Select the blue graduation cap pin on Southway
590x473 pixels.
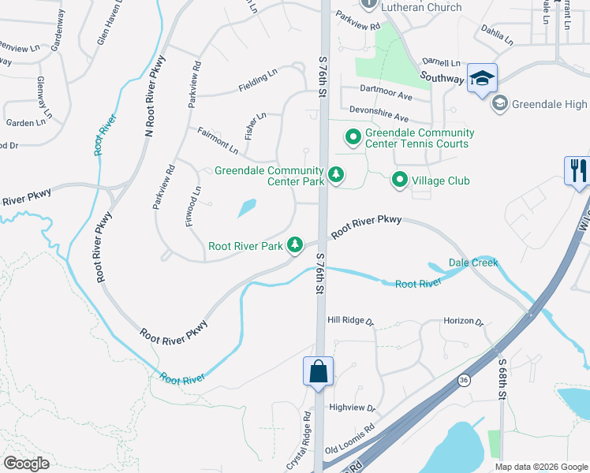(482, 78)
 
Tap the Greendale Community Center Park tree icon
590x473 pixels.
(337, 173)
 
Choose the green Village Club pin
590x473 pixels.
(400, 181)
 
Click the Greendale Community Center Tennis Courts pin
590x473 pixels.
(353, 138)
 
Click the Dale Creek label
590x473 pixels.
(473, 263)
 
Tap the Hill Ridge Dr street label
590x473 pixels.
(351, 320)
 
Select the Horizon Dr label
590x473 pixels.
(462, 321)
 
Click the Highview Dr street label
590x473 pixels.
(353, 408)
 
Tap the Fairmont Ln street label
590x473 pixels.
(218, 140)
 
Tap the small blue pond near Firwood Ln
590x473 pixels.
(246, 208)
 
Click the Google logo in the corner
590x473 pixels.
(26, 464)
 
